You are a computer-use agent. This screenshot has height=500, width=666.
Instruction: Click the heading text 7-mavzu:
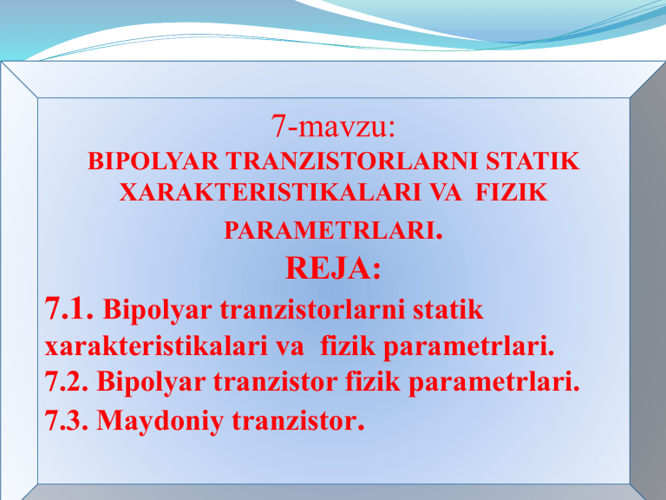(333, 128)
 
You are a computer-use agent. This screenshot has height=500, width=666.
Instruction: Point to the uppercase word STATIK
(532, 163)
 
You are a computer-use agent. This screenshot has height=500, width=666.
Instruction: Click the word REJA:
(333, 270)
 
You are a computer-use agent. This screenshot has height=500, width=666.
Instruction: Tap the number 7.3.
(67, 421)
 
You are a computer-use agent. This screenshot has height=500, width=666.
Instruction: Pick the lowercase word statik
(445, 310)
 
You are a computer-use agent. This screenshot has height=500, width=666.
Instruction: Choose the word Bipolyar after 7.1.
(158, 310)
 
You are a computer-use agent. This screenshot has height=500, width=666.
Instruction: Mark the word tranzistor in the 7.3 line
(296, 421)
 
